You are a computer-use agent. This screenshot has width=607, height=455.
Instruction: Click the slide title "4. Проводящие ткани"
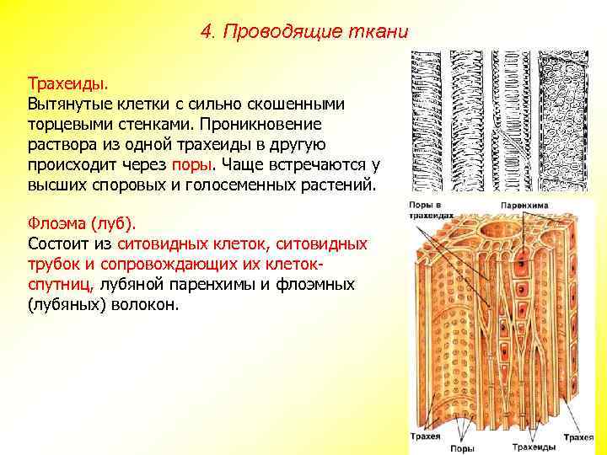click(305, 32)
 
